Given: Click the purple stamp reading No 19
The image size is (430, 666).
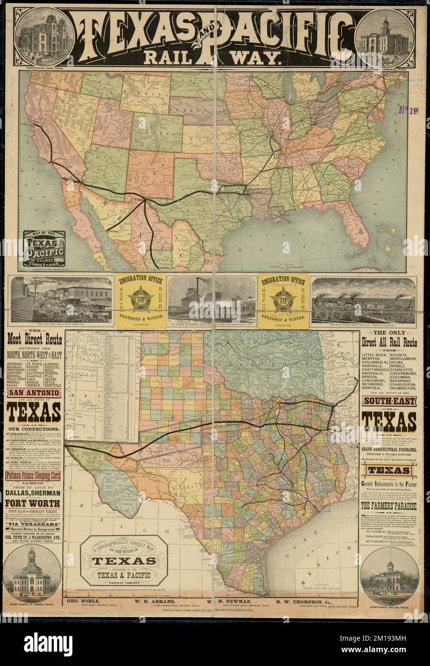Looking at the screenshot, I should [408, 111].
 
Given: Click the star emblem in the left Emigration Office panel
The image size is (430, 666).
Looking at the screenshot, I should [139, 299].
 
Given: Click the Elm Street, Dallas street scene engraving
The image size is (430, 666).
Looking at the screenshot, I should [61, 299].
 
